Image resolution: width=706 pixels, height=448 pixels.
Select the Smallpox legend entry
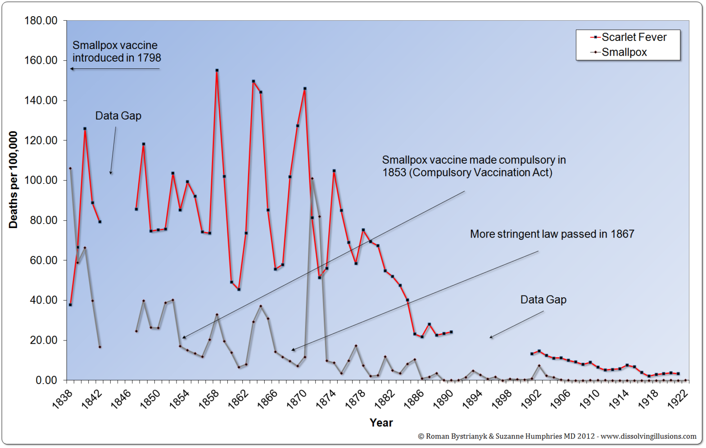624,52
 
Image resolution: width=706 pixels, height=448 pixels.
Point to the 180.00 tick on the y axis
41,21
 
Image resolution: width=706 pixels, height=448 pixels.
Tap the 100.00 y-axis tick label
41,180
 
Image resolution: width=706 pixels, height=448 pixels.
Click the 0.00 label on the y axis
46,381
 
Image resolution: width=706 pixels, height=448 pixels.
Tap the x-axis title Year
381,423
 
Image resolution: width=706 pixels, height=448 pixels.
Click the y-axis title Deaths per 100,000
13,180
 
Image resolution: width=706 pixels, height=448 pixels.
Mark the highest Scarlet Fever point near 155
217,70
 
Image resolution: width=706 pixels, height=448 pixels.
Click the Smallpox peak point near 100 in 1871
312,179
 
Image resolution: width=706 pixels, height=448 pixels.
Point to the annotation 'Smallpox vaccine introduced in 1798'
117,52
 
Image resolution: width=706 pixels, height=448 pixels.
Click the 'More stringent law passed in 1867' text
552,234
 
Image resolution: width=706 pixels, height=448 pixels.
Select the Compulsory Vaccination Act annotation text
474,166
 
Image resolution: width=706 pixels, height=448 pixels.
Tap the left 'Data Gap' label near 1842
118,116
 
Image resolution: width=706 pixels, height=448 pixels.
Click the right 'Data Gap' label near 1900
543,300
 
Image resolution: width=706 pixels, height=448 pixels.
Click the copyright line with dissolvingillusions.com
557,436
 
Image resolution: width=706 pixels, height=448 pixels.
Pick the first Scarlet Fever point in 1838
70,305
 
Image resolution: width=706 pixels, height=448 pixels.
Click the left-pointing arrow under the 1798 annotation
115,69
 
